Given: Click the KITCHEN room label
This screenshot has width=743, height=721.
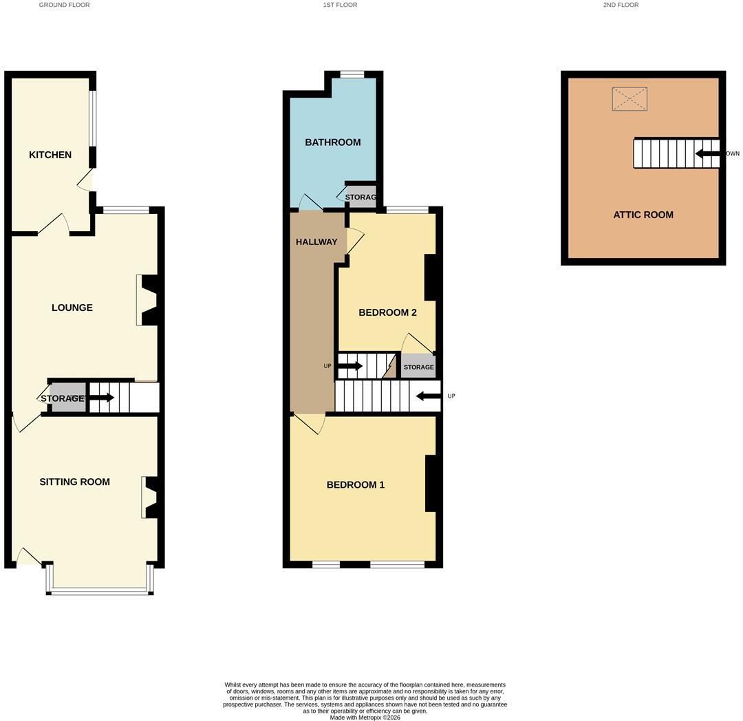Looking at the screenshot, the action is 50,155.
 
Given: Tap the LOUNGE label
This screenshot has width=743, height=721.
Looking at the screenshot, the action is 72,308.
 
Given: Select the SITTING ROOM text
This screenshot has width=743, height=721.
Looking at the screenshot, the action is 75,482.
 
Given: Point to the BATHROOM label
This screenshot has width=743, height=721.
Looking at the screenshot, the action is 333,142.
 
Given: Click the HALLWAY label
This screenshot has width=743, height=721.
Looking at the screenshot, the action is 316,242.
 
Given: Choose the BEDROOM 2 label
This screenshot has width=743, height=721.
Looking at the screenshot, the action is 387,312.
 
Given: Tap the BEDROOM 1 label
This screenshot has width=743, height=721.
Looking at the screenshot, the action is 356,485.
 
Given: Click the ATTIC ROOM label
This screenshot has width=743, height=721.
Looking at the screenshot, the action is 643,215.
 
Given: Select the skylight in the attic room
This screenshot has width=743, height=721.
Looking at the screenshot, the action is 629,99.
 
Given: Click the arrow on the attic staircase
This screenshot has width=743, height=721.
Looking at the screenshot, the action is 707,153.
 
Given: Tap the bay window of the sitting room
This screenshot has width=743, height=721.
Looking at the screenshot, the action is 100,590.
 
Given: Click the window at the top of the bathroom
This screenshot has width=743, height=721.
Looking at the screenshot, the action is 352,74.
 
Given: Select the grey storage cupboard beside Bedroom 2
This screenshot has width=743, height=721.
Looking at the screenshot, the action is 418,367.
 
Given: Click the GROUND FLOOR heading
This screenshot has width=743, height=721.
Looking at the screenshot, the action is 65,5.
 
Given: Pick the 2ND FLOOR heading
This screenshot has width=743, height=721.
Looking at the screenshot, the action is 621,5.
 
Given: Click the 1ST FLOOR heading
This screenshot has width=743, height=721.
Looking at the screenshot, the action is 341,5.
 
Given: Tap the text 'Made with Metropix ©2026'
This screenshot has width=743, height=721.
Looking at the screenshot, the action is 365,718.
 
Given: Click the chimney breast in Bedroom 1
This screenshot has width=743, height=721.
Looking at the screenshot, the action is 430,484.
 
